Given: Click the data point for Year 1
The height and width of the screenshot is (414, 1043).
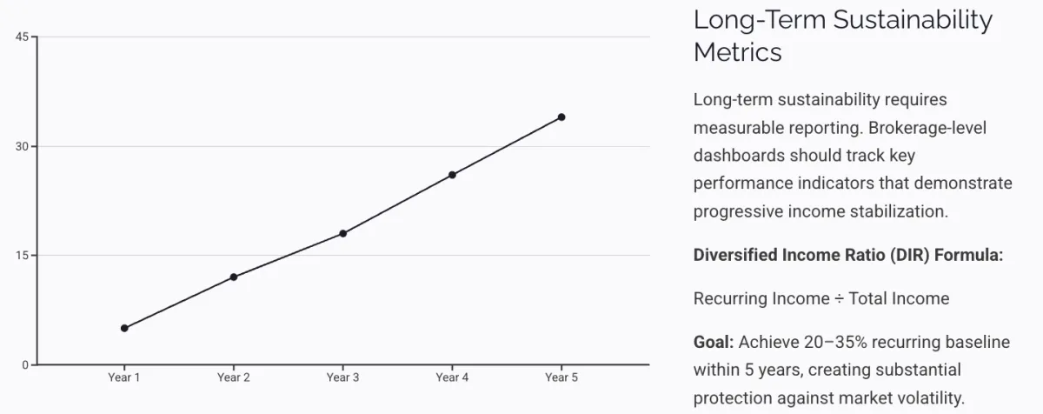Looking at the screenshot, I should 124,328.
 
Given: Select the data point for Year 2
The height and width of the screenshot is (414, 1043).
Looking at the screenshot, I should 234,277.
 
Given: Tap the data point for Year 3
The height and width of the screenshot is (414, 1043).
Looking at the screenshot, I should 343,233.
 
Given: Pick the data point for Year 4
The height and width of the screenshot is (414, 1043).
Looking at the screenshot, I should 452,175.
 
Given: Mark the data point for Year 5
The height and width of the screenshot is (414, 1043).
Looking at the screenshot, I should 561,117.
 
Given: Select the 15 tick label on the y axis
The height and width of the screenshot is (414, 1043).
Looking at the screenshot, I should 23,256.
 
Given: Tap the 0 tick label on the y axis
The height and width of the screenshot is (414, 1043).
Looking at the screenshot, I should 25,364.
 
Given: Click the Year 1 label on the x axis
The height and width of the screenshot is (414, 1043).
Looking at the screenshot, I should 124,377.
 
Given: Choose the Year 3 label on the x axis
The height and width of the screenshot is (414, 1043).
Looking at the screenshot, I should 343,377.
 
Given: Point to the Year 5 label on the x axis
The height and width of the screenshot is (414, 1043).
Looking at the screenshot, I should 561,377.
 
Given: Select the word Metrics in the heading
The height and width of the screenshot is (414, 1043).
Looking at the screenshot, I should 737,52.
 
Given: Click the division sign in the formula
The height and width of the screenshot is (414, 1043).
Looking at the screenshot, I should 840,298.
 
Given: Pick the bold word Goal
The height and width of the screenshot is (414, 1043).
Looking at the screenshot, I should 713,342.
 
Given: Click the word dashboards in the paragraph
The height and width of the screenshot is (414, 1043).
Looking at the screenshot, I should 739,156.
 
